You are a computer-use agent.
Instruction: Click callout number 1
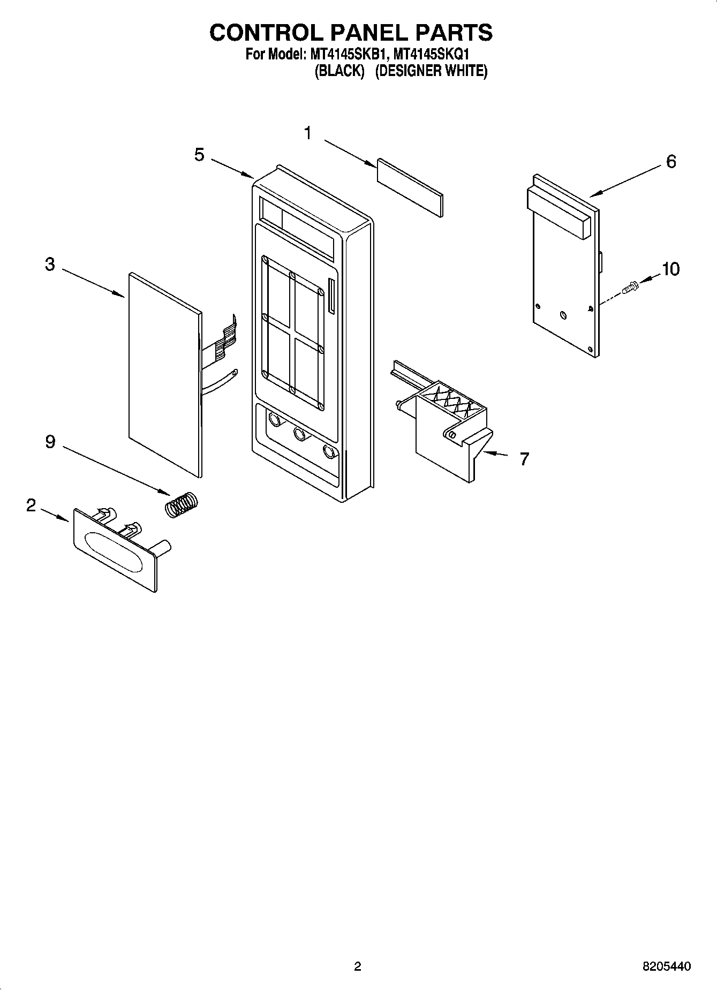coord(308,133)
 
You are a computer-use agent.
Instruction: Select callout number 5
coord(199,155)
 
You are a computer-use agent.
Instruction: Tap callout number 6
coord(671,161)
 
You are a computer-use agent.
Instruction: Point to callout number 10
coord(670,269)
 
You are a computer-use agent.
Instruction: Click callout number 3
coord(50,264)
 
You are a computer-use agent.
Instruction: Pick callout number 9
coord(50,442)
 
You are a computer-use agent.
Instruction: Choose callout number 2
coord(31,505)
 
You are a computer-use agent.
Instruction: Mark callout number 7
coord(524,459)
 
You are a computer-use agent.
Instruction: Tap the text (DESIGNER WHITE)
coord(431,71)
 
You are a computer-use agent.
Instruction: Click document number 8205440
coord(666,966)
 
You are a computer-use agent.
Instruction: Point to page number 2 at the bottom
coord(358,966)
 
